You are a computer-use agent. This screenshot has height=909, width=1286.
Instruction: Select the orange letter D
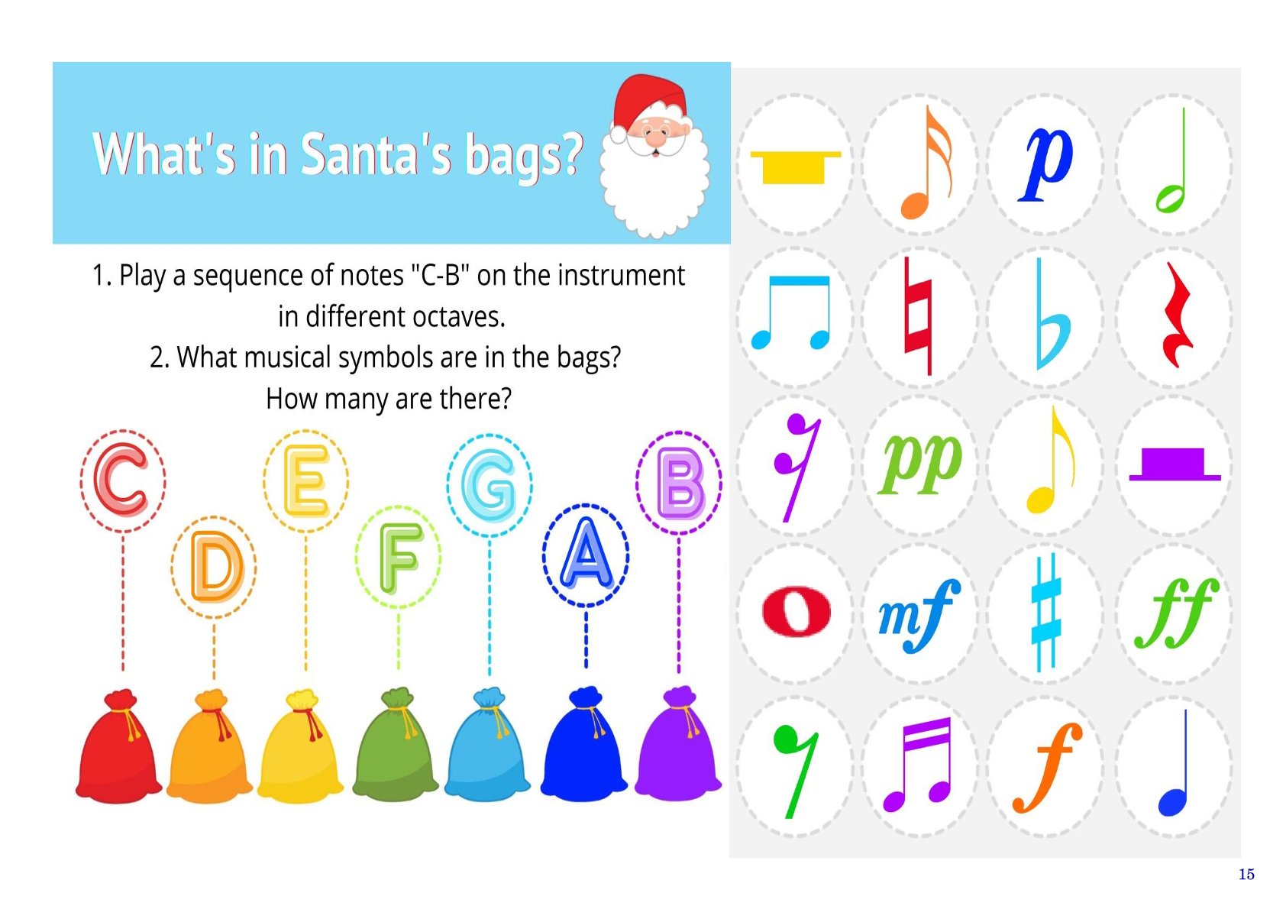click(216, 566)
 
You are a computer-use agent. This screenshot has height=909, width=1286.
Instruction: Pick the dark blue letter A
click(586, 554)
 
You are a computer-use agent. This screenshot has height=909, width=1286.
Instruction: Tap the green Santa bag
click(396, 743)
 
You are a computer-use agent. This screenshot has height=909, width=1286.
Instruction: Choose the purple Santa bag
click(678, 742)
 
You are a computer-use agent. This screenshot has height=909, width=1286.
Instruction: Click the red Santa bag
click(119, 746)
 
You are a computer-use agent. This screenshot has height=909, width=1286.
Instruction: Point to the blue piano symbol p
click(1045, 163)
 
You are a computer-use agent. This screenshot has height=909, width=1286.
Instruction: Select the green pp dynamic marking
click(920, 463)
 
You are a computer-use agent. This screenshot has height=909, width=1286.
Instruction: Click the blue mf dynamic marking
click(919, 615)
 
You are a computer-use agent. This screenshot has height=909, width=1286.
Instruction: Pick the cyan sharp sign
click(1045, 612)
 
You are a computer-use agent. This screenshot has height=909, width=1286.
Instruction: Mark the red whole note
click(796, 611)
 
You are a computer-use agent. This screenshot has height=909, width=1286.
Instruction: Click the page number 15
click(1246, 874)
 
